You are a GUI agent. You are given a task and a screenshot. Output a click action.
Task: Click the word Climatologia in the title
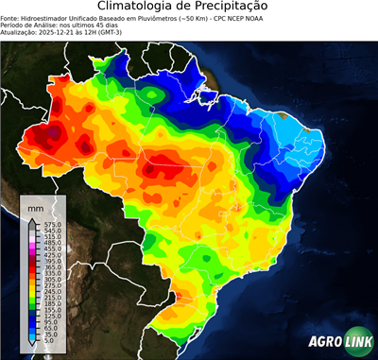(140, 7)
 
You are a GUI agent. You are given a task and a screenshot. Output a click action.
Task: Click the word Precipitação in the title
(227, 7)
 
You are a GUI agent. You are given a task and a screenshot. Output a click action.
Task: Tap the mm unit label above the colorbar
(36, 206)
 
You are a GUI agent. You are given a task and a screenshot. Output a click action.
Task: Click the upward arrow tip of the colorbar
(31, 216)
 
